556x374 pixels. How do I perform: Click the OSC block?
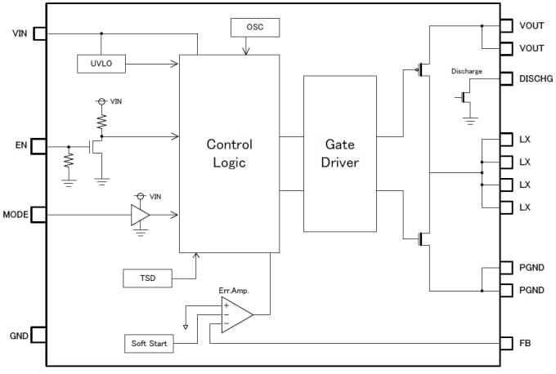256,28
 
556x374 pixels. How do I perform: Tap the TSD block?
148,278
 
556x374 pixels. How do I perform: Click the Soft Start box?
149,344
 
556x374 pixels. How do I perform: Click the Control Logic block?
229,153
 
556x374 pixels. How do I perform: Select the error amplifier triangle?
235,314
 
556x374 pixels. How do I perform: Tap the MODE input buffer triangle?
140,215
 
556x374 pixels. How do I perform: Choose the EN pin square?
38,147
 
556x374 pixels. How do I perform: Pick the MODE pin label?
16,214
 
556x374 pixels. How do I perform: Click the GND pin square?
38,335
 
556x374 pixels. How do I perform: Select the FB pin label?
525,343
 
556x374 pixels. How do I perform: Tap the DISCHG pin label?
536,78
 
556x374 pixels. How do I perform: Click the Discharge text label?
466,72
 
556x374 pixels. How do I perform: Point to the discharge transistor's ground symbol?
469,121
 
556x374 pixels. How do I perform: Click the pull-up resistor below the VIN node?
101,122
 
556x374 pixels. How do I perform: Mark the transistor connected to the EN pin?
96,148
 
